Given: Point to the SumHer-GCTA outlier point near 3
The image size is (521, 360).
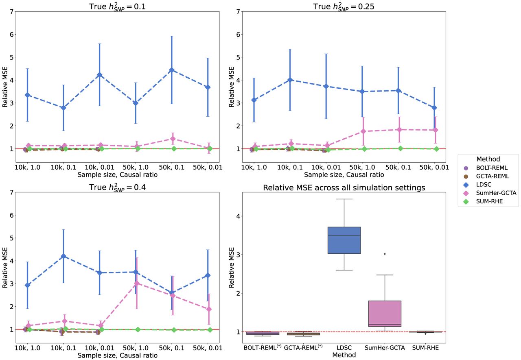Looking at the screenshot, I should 385,254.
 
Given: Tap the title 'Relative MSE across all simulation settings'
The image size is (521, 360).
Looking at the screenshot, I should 344,188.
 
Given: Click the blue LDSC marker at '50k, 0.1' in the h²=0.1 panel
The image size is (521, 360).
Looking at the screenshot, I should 172,70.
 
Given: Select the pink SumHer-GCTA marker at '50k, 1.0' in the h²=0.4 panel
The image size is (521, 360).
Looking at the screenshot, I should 137,283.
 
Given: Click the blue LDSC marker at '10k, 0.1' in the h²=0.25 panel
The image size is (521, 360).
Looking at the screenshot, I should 290,80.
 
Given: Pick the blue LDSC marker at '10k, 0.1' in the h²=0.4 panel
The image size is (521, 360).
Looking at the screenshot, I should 63,256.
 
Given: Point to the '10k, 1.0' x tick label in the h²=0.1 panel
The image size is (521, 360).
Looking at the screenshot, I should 27,167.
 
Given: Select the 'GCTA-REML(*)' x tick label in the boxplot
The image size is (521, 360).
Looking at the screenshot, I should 304,348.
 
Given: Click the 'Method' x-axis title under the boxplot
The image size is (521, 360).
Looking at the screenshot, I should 344,355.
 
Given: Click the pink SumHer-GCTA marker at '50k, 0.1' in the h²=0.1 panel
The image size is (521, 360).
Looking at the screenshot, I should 172,139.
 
